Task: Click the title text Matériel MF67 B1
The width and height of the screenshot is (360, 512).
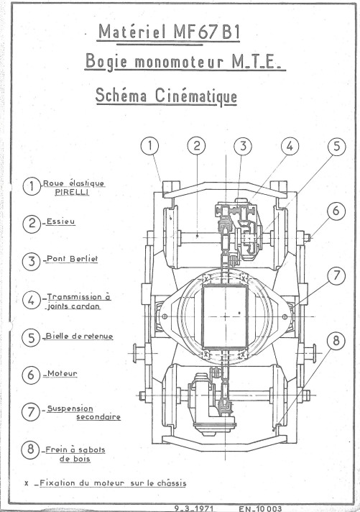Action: pyautogui.click(x=169, y=32)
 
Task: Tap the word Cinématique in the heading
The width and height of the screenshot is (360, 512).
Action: pyautogui.click(x=196, y=96)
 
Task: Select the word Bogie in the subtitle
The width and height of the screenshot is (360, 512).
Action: pyautogui.click(x=106, y=62)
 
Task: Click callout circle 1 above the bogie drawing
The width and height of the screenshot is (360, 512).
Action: pyautogui.click(x=149, y=146)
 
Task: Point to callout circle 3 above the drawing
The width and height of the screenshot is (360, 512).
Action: pyautogui.click(x=243, y=146)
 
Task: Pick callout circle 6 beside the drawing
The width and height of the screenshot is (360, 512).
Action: pyautogui.click(x=336, y=211)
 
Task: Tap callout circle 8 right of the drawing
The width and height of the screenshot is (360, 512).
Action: pyautogui.click(x=336, y=341)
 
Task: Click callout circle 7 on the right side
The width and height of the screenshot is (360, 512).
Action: pyautogui.click(x=336, y=275)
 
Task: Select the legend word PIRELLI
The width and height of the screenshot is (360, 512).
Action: pyautogui.click(x=72, y=192)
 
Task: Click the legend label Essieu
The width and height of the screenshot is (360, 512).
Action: pyautogui.click(x=60, y=221)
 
